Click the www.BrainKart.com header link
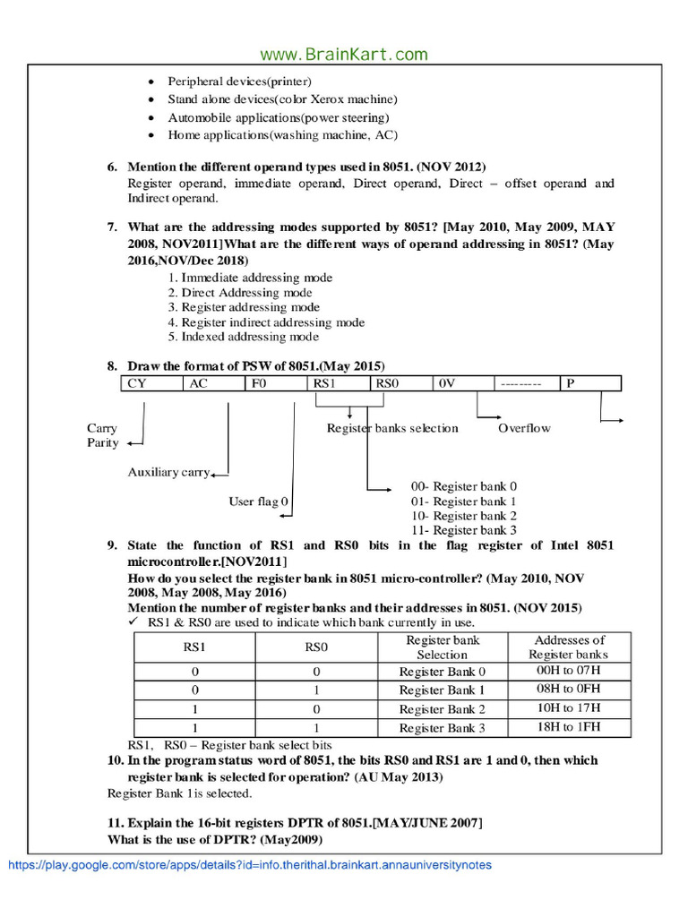coord(344,55)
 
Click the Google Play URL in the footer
coord(250,865)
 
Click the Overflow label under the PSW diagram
coord(524,428)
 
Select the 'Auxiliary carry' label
coord(168,472)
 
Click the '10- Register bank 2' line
coord(463,516)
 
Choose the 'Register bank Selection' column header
coord(443,647)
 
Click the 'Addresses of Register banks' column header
coord(569,647)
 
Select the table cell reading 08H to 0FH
coord(569,689)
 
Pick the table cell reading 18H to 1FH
coord(569,726)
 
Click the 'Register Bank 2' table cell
coord(443,708)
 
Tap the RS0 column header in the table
coord(317,647)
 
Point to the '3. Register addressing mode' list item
coord(244,307)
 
